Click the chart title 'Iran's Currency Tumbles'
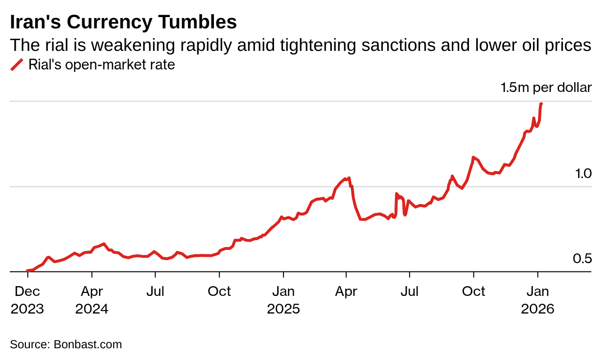[x=123, y=22]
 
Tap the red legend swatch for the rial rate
[x=17, y=65]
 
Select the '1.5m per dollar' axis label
[x=546, y=88]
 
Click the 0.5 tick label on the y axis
[x=582, y=258]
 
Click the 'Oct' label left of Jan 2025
[x=219, y=292]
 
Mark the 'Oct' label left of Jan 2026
[x=474, y=292]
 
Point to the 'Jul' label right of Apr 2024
[x=155, y=292]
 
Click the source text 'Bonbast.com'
[x=88, y=344]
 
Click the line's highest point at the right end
[x=541, y=104]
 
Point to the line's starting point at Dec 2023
[x=27, y=270]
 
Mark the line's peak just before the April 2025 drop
[x=349, y=178]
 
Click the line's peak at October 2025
[x=473, y=157]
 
